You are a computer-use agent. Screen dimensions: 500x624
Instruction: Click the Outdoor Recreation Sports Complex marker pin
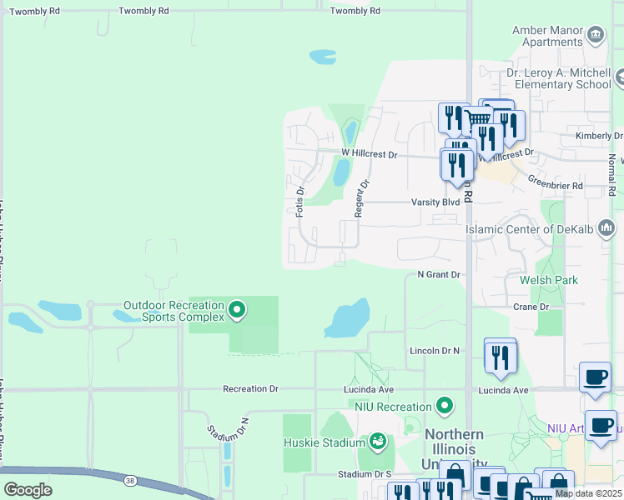[x=237, y=311]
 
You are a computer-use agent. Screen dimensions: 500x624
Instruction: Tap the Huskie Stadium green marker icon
[x=378, y=439]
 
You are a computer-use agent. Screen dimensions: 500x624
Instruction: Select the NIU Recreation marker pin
[x=445, y=406]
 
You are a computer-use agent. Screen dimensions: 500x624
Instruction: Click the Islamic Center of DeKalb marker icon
[x=606, y=227]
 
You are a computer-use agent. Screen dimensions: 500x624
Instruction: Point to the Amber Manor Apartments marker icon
[x=596, y=34]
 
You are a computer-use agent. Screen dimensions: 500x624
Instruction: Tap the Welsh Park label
[x=548, y=280]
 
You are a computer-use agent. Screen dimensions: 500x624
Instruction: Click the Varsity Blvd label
[x=435, y=202]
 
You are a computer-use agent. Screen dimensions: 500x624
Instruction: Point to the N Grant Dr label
[x=439, y=274]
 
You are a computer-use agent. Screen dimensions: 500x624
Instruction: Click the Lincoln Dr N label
[x=435, y=352]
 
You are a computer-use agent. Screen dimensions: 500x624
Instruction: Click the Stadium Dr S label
[x=365, y=474]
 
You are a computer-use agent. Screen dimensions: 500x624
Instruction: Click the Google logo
[x=28, y=490]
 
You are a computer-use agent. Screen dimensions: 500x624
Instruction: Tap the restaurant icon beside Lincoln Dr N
[x=500, y=356]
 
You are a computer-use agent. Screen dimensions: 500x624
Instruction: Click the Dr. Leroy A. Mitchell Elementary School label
[x=559, y=78]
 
